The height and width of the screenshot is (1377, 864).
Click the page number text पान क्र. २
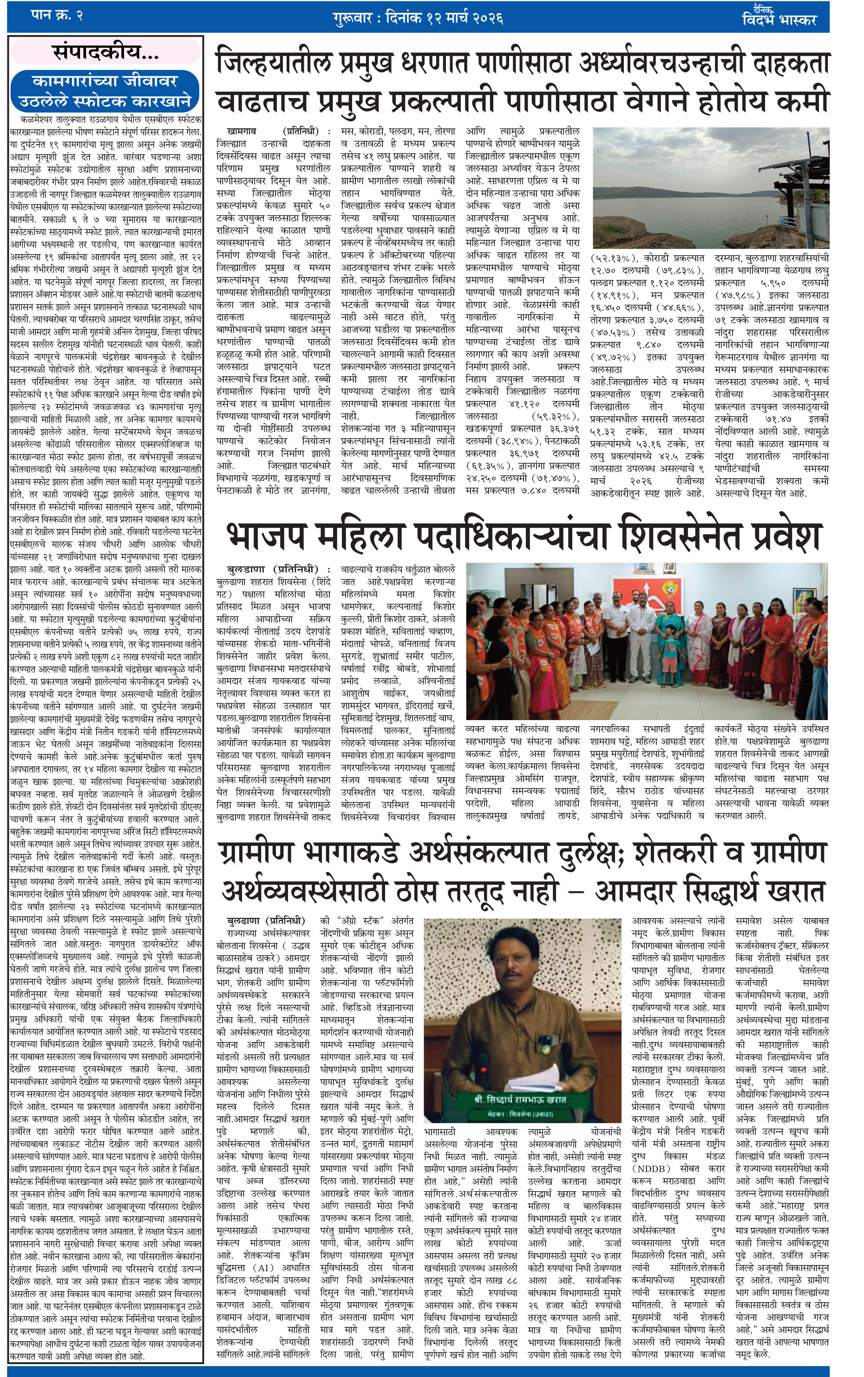pos(57,15)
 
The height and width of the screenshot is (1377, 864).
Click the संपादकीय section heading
pos(106,52)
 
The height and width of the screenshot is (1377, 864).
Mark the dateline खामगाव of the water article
pos(242,131)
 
